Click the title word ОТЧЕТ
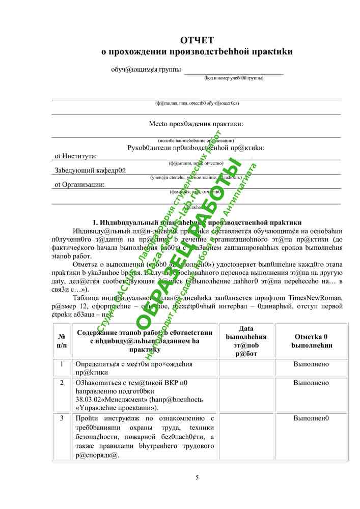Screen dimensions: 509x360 click(x=197, y=40)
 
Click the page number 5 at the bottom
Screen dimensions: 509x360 click(x=197, y=477)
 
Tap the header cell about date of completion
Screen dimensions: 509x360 click(x=246, y=341)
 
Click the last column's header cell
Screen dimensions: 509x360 click(x=311, y=341)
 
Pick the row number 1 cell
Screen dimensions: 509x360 click(x=62, y=364)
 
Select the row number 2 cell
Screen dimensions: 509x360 click(x=62, y=383)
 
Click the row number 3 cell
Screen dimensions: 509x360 click(x=62, y=418)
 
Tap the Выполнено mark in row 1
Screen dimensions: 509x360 click(x=311, y=364)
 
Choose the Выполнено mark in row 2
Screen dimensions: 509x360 click(x=311, y=383)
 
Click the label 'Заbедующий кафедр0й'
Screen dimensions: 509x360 click(x=90, y=171)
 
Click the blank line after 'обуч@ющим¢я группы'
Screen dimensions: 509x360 click(x=234, y=71)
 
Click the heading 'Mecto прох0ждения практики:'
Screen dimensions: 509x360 click(x=196, y=124)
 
